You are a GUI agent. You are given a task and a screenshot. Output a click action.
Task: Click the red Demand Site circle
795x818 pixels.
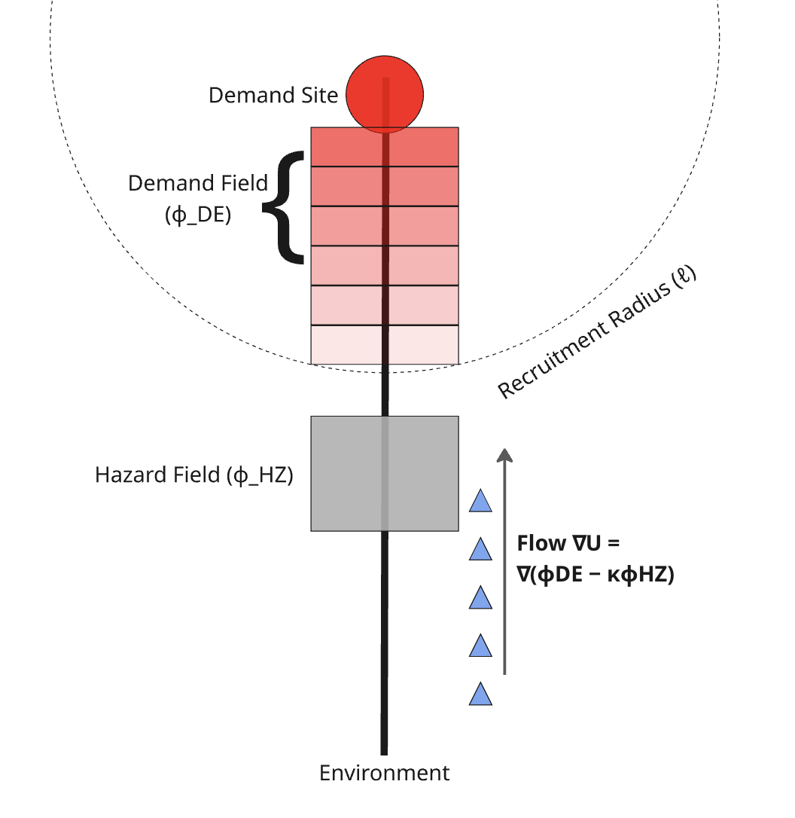(x=385, y=96)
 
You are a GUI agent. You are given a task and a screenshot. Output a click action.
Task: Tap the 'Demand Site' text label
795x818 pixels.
(x=273, y=96)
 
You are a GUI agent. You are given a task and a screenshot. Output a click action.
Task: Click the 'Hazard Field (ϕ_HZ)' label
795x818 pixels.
(x=193, y=475)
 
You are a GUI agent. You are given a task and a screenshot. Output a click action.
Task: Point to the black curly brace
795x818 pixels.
(x=285, y=207)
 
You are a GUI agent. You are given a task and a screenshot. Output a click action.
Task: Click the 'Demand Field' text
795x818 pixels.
(x=198, y=183)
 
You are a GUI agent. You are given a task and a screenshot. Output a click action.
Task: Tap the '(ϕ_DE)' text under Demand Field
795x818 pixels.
(x=198, y=215)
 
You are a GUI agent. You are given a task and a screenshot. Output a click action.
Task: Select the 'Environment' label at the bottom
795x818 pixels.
(x=385, y=773)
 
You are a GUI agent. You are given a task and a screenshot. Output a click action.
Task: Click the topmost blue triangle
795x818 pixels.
(x=480, y=502)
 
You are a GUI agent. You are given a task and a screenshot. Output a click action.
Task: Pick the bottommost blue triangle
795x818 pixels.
(x=480, y=694)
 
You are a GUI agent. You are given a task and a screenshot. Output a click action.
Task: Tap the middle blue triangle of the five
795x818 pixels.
(x=480, y=598)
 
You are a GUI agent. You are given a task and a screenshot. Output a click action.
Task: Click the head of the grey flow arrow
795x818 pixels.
(x=504, y=453)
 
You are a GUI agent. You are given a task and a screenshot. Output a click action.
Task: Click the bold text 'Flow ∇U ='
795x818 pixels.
(x=568, y=543)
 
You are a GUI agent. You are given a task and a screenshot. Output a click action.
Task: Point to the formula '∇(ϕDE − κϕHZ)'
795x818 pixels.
(x=595, y=575)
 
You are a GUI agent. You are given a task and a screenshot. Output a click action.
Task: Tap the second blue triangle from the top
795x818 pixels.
(x=480, y=550)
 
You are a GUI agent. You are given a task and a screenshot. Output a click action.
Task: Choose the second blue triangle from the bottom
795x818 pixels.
(x=480, y=646)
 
